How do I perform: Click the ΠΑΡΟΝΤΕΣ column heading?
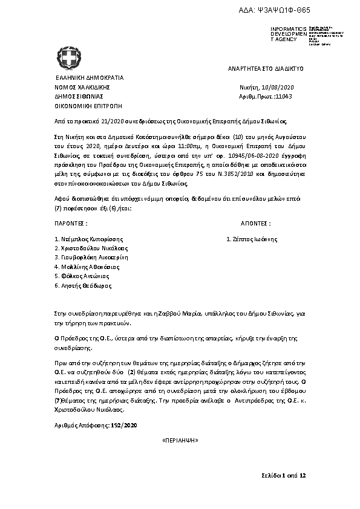(x=71, y=222)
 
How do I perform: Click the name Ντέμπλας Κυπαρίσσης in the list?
(x=93, y=239)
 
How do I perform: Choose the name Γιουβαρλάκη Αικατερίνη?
(x=94, y=257)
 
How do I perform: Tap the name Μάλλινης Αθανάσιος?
(x=90, y=266)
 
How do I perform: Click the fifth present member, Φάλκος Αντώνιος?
(x=87, y=276)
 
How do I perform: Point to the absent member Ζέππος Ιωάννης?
(x=254, y=239)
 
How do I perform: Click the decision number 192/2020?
(x=125, y=426)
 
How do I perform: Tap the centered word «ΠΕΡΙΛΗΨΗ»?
(x=180, y=443)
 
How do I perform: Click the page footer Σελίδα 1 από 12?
(x=284, y=476)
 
